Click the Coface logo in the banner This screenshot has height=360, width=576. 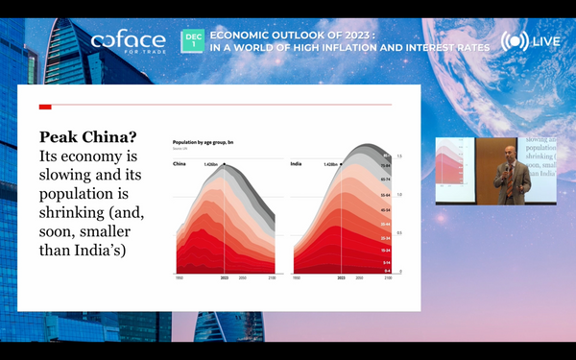point(127,41)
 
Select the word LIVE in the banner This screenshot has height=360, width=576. point(547,43)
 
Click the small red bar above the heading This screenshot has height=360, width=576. point(44,106)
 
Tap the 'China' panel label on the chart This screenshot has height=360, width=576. point(180,164)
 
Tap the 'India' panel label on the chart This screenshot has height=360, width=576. point(297,164)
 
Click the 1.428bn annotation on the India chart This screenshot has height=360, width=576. point(332,164)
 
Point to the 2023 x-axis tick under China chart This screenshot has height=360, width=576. point(224,277)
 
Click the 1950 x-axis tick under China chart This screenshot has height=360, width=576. point(177,277)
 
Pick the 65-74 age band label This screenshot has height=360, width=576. point(385,180)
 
